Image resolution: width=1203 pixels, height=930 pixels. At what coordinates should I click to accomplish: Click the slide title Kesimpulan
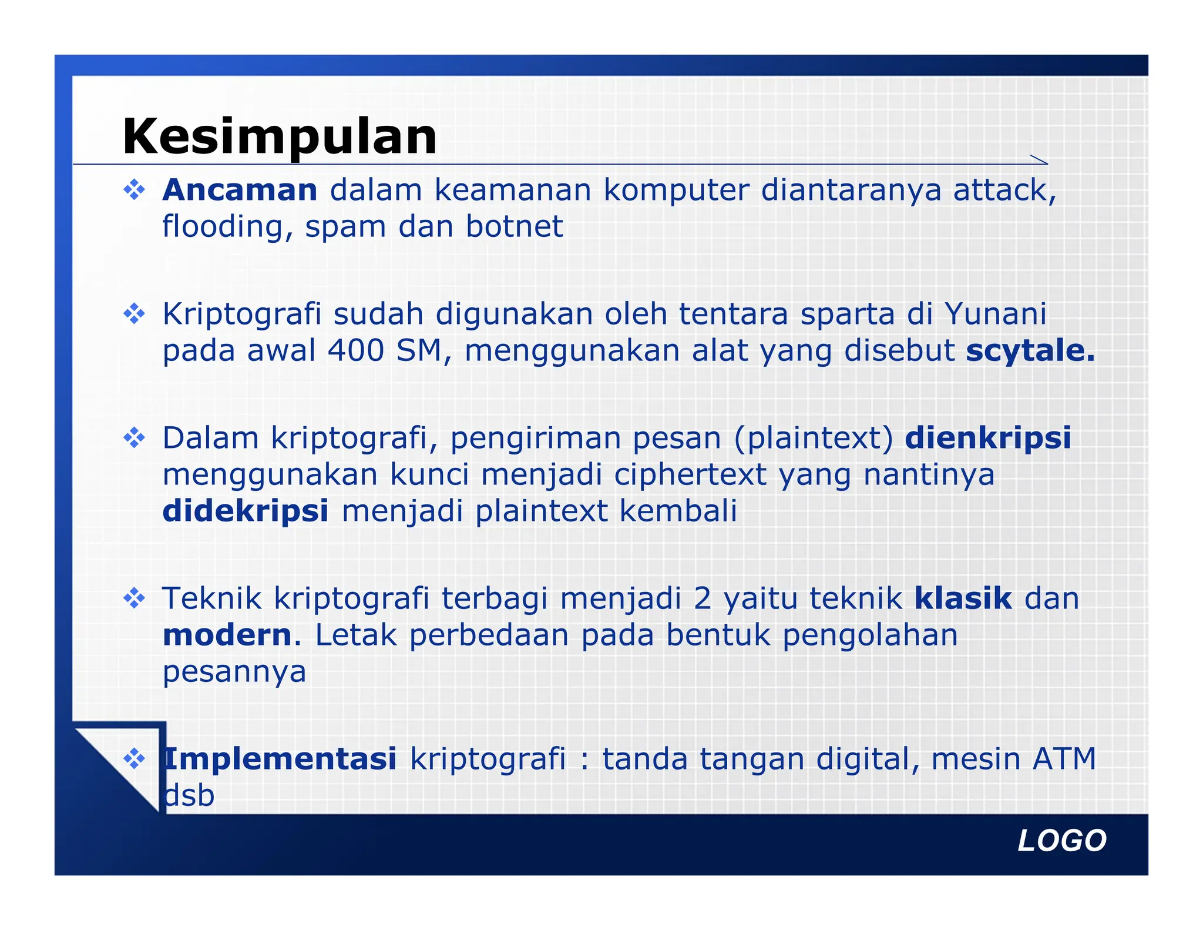point(280,136)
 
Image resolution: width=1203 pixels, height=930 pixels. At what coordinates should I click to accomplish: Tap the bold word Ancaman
point(240,190)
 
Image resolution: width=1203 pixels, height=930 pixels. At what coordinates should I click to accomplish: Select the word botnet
point(514,226)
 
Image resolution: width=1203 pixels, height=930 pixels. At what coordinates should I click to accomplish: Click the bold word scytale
point(1030,350)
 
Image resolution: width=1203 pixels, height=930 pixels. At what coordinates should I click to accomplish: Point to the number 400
point(355,350)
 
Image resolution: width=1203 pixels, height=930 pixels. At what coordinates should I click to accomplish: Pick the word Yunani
point(995,314)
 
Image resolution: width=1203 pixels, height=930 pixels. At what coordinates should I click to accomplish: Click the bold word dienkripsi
point(988,438)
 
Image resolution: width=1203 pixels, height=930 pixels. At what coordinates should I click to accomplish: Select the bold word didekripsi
point(246,511)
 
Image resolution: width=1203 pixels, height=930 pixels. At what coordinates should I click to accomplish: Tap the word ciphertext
point(690,474)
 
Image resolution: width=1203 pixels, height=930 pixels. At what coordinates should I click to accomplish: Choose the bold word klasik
point(963,598)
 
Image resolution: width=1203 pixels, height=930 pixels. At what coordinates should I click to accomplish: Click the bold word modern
point(227,635)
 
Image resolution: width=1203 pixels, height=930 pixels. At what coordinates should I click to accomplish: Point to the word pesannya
point(234,671)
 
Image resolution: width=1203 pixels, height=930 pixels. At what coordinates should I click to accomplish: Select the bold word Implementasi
point(280,758)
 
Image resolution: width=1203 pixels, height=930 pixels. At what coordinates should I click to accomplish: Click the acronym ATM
point(1064,758)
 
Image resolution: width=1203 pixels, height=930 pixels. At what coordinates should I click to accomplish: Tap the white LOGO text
point(1062,841)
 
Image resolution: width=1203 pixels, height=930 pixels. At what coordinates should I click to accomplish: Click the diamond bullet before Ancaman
point(135,190)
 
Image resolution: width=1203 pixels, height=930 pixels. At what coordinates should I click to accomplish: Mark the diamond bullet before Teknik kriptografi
point(135,598)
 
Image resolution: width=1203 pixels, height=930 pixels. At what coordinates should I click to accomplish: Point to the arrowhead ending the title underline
point(1040,160)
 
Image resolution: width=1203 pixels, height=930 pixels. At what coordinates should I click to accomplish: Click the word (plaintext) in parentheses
point(814,438)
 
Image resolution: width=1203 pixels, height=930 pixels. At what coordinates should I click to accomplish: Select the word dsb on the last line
point(189,795)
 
